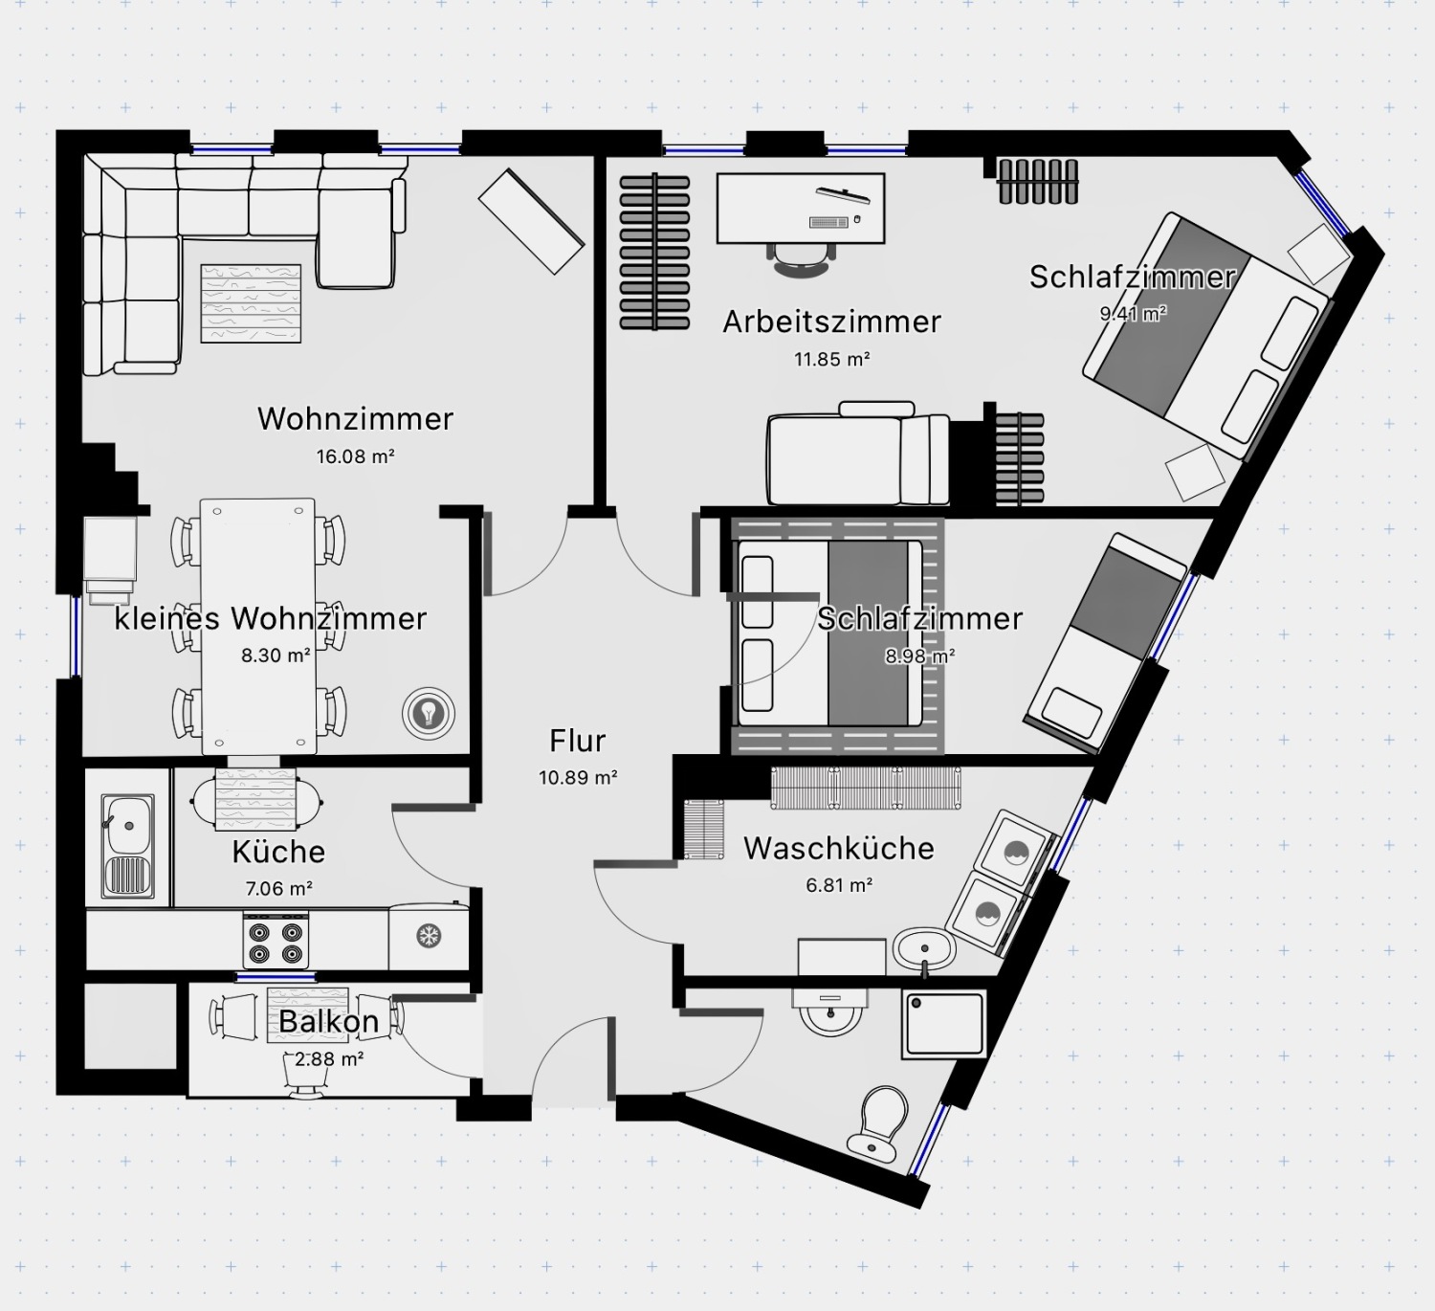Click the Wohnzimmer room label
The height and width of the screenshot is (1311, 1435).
coord(356,418)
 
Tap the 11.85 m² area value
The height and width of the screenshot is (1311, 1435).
coord(832,359)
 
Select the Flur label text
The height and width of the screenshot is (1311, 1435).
coord(577,741)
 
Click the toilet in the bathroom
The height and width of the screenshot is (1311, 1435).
coord(877,1124)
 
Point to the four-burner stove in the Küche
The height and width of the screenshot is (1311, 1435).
coord(276,941)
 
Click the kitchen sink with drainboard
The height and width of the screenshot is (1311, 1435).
coord(129,846)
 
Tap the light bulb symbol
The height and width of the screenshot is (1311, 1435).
coord(428,713)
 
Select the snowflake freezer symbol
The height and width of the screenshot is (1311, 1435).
coord(429,935)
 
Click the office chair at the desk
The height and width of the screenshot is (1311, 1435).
coord(801,258)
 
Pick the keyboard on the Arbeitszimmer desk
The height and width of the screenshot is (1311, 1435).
coord(829,222)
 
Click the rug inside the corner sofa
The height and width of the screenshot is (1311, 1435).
coord(251,303)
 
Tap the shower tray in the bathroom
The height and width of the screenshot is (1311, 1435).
coord(944,1024)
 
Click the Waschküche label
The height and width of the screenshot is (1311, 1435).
coord(839,849)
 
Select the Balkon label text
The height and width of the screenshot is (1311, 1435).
coord(328,1022)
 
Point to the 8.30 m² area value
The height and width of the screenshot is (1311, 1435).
coord(276,655)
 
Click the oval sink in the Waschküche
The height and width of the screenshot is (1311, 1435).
coord(924,949)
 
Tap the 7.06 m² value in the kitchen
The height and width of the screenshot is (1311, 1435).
coord(279,889)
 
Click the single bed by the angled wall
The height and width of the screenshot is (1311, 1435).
coord(1105,644)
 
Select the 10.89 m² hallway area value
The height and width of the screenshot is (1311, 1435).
coord(578,777)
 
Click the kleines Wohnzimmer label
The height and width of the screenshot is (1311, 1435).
coord(271,619)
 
